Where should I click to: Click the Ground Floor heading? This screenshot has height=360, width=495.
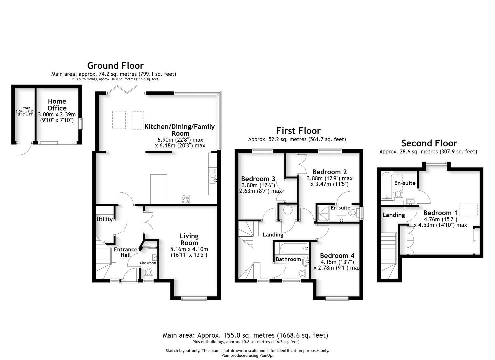[x=115, y=65]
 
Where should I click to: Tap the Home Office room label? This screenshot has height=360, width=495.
[x=57, y=104]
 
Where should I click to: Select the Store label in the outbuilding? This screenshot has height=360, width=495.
[x=26, y=108]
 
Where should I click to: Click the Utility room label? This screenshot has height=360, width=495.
[x=104, y=219]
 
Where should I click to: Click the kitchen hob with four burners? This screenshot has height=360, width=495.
[x=185, y=199]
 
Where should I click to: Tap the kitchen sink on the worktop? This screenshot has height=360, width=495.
[x=212, y=180]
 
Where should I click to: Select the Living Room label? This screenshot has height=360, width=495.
[x=189, y=239]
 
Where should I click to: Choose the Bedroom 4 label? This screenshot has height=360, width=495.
[x=337, y=255]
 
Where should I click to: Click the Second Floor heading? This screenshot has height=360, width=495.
[x=429, y=143]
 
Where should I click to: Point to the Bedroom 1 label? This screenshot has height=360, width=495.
[x=440, y=213]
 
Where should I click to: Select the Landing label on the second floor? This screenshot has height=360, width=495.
[x=393, y=215]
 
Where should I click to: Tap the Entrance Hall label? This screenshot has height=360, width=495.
[x=125, y=252]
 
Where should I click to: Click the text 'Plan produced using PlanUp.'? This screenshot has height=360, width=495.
[x=247, y=355]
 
